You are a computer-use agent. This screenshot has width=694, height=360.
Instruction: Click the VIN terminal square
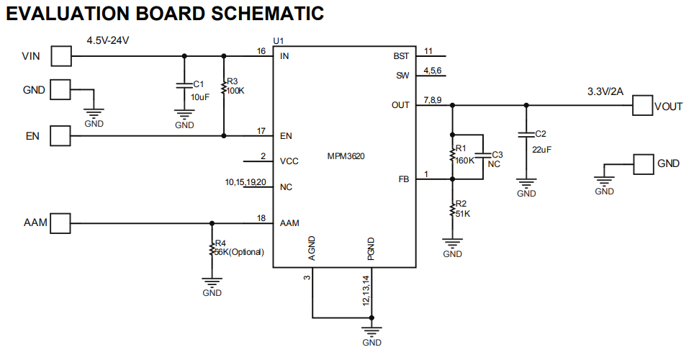click(x=61, y=55)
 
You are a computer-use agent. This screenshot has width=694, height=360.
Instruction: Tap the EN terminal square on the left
click(x=61, y=135)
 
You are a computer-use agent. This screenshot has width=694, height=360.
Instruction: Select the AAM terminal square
click(x=61, y=222)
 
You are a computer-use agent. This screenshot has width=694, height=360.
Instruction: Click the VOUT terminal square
click(x=642, y=105)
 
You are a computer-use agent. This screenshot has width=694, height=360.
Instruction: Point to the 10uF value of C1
click(x=199, y=96)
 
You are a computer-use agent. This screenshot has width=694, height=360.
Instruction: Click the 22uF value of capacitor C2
click(x=542, y=149)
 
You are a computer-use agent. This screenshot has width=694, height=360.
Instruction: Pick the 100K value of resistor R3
click(x=236, y=91)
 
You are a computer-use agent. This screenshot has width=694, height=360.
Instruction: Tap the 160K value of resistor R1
click(x=465, y=160)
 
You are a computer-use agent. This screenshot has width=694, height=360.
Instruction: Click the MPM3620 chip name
click(x=345, y=156)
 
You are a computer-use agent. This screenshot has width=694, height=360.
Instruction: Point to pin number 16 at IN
click(x=261, y=51)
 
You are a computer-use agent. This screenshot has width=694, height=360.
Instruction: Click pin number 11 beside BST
click(x=428, y=51)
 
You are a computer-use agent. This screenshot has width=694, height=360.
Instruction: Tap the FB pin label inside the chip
click(x=403, y=179)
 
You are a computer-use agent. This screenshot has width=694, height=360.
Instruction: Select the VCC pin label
click(x=289, y=161)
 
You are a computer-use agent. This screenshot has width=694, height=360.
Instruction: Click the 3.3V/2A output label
click(x=605, y=92)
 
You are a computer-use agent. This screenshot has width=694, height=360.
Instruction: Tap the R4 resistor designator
click(x=220, y=243)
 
